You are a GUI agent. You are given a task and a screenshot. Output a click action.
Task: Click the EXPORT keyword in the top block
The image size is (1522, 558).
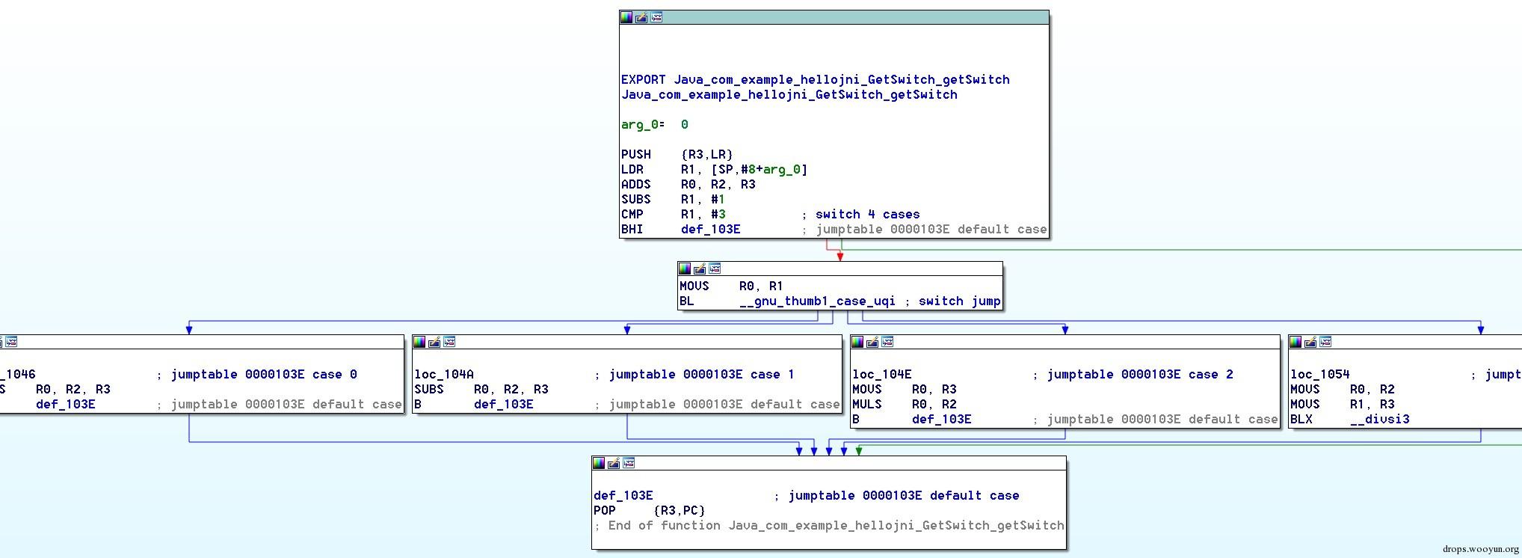643,80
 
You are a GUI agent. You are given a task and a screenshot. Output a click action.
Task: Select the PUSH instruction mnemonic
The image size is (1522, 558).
636,155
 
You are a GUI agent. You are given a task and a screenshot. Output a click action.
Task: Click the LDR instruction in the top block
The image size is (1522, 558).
632,170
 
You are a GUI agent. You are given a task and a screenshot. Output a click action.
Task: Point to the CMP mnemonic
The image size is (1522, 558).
632,215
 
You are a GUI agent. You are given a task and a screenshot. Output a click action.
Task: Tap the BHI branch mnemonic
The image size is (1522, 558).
632,230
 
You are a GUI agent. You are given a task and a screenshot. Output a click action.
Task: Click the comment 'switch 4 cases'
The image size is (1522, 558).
867,215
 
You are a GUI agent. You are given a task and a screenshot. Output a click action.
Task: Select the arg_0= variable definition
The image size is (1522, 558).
643,125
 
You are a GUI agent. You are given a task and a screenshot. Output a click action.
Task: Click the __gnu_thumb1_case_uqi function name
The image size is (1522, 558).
817,301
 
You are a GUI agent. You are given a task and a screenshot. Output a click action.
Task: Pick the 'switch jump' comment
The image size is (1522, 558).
960,301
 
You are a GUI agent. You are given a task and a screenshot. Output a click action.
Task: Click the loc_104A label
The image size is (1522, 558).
444,375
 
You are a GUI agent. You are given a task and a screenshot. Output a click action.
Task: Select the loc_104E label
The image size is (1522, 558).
882,375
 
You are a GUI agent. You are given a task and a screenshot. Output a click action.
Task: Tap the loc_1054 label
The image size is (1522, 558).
1320,375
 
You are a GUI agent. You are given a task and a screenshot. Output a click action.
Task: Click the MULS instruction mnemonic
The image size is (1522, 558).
867,405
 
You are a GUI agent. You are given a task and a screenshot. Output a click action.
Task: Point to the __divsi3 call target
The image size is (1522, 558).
1380,420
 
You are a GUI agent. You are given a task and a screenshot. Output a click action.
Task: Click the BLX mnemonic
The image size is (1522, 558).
1301,420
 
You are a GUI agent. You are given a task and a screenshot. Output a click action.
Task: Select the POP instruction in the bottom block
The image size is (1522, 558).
605,511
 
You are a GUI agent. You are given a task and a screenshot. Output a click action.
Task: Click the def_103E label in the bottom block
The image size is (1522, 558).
623,496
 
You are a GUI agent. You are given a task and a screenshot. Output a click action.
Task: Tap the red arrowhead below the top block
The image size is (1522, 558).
840,257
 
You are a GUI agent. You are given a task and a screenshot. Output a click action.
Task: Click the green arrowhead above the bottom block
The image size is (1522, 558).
859,451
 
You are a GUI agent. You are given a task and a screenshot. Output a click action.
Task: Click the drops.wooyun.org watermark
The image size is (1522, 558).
1481,549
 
